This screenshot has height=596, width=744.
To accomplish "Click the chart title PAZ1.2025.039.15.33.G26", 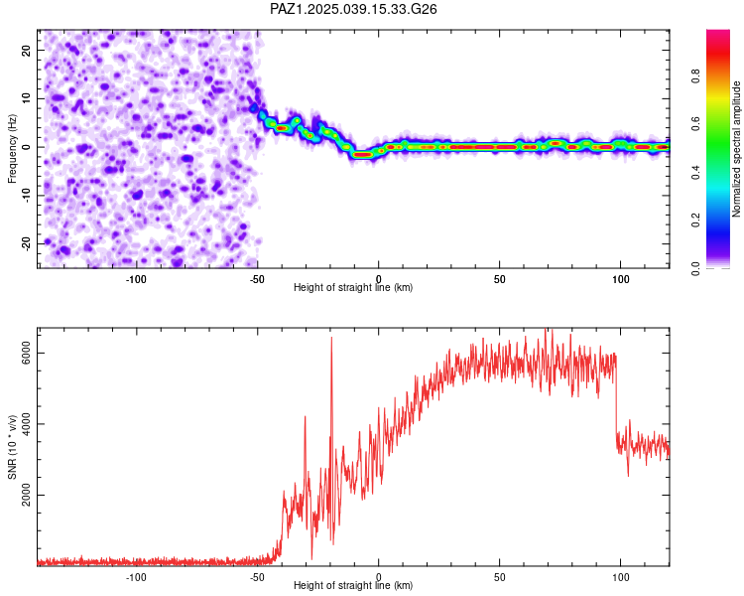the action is [x=353, y=9].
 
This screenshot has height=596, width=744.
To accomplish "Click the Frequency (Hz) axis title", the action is [x=12, y=149].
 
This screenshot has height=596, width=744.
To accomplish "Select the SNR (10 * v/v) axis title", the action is [x=12, y=447].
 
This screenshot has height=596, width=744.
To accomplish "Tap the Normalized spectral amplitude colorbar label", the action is [x=736, y=149].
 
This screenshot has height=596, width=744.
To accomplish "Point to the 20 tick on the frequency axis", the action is [x=26, y=50].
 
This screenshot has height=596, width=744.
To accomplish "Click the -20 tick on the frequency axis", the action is [x=26, y=243].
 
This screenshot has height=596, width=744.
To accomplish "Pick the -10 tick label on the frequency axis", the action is [x=26, y=196].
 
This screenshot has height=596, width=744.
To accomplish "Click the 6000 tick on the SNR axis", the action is [x=26, y=354].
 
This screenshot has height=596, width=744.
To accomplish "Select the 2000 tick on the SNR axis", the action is [x=26, y=495].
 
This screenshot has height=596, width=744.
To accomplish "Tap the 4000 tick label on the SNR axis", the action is [x=26, y=424].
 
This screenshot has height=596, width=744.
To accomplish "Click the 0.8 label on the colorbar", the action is [x=695, y=76].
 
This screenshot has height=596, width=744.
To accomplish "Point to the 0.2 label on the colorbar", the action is [x=695, y=221].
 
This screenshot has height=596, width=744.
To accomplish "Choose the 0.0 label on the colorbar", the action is [x=695, y=268].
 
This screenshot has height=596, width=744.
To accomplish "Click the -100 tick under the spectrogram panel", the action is [x=136, y=279].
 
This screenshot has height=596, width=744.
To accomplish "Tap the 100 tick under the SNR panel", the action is [x=621, y=577].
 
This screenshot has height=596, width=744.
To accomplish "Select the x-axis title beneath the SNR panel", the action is [x=353, y=585].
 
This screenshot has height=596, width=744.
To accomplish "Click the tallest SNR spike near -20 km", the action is [x=331, y=339].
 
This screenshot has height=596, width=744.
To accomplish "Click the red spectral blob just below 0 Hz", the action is [x=363, y=155].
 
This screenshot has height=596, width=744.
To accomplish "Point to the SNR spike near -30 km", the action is [x=306, y=417].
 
